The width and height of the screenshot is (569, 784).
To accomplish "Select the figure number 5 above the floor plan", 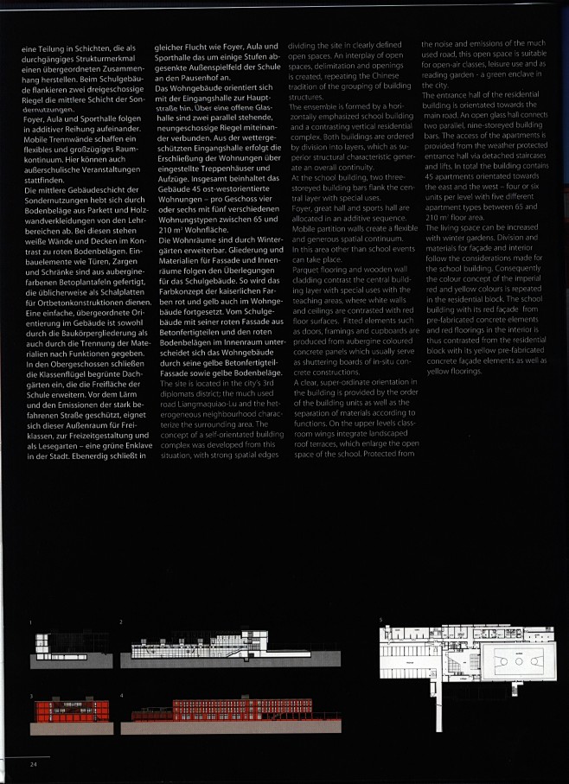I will coord(380,620).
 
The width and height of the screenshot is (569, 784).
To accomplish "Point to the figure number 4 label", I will coord(121,695).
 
